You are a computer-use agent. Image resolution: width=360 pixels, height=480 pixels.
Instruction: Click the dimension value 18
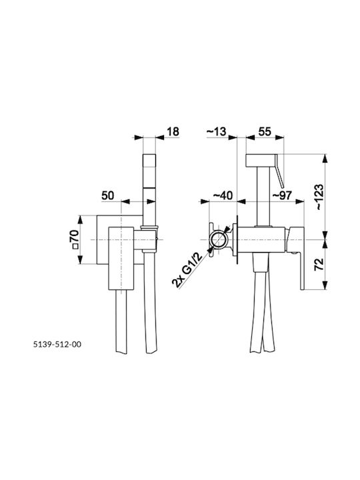pyautogui.click(x=173, y=131)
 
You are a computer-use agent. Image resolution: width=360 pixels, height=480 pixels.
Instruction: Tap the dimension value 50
pyautogui.click(x=108, y=195)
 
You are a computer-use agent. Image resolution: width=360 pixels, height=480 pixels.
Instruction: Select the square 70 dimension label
pyautogui.click(x=75, y=240)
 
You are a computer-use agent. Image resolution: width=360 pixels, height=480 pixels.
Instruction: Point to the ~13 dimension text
pyautogui.click(x=217, y=131)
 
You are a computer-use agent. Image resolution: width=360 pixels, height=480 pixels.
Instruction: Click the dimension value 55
pyautogui.click(x=265, y=131)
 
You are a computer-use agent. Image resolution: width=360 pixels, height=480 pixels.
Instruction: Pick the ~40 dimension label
pyautogui.click(x=223, y=195)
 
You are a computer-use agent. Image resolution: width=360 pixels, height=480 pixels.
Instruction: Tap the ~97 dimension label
pyautogui.click(x=281, y=195)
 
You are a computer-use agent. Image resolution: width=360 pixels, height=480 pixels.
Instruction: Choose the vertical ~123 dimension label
pyautogui.click(x=319, y=197)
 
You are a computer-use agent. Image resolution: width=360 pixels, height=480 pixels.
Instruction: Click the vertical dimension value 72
pyautogui.click(x=319, y=264)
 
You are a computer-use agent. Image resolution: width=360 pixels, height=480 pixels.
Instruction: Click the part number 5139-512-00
pyautogui.click(x=57, y=345)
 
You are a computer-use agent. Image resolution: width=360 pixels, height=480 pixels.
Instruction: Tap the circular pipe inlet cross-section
pyautogui.click(x=218, y=239)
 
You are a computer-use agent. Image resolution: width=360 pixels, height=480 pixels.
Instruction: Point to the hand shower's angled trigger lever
pyautogui.click(x=280, y=171)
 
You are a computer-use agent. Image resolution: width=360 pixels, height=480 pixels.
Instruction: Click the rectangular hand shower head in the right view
pyautogui.click(x=261, y=161)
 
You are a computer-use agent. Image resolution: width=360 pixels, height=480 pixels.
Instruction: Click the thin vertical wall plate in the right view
pyautogui.click(x=237, y=239)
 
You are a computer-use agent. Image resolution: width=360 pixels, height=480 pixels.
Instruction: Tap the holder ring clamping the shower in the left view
pyautogui.click(x=150, y=227)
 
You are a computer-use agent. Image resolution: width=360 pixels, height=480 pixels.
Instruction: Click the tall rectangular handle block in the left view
pyautogui.click(x=121, y=258)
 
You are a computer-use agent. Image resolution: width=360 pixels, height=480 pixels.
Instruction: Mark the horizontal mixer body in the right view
pyautogui.click(x=262, y=240)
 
